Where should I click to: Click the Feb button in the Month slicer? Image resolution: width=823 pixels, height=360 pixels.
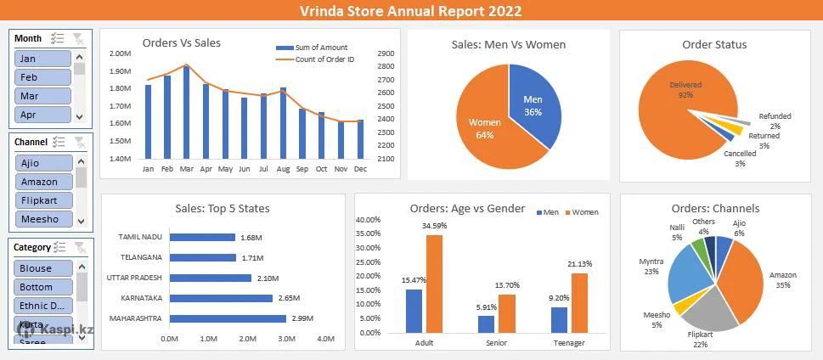click(42, 77)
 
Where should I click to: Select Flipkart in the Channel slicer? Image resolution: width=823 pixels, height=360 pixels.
click(42, 200)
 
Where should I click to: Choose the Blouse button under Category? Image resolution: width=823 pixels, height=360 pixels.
click(42, 268)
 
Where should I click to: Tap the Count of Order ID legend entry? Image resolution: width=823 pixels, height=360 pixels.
click(324, 59)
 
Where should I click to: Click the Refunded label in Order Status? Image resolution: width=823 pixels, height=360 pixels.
click(775, 116)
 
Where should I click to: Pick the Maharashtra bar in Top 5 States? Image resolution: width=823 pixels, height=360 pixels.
click(228, 318)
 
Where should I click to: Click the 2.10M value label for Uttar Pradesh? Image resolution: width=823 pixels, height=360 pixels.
click(268, 278)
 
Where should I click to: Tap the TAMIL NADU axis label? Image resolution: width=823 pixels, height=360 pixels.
click(140, 237)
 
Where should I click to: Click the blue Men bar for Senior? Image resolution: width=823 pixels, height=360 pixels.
click(486, 323)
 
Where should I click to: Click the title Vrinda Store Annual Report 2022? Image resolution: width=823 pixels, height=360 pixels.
click(411, 11)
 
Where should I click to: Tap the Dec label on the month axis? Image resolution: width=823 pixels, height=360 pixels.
click(360, 169)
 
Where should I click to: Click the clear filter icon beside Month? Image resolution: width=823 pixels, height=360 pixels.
click(78, 38)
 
